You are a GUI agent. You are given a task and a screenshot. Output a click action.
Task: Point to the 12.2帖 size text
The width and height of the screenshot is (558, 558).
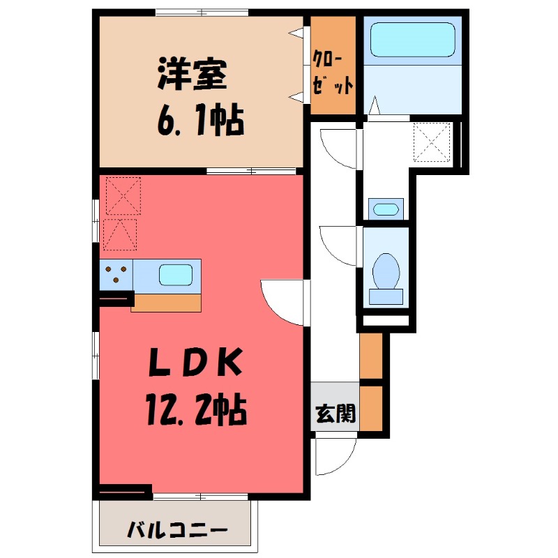(196, 411)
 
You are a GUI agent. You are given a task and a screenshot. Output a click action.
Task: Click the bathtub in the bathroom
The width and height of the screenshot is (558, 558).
(412, 40)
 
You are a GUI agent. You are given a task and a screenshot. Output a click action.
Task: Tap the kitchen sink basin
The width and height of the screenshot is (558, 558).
(174, 274)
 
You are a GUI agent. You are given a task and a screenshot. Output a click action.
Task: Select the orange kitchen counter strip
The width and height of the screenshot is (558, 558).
(166, 303)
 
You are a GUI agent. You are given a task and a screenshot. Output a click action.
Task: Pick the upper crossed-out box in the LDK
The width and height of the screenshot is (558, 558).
(123, 195)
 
